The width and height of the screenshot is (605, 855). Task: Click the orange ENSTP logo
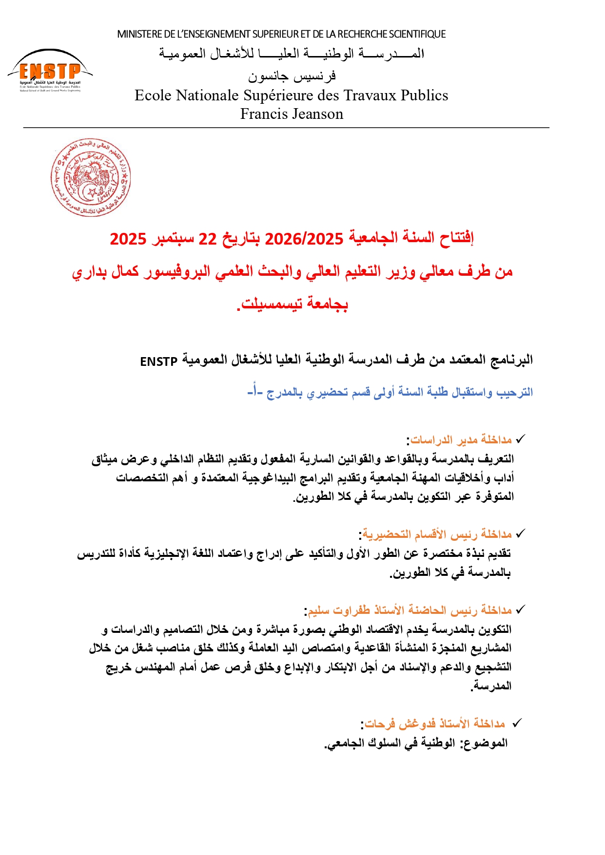point(50,71)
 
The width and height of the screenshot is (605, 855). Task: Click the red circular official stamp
point(91,177)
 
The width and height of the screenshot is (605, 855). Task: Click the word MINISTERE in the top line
point(139,34)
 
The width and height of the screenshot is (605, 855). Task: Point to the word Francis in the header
point(263,114)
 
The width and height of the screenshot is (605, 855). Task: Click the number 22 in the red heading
point(207,239)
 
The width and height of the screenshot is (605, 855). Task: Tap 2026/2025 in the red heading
point(304,239)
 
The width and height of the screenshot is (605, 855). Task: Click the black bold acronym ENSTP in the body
point(158,361)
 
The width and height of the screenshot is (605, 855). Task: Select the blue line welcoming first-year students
point(390,392)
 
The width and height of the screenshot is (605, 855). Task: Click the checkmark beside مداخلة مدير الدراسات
point(520,439)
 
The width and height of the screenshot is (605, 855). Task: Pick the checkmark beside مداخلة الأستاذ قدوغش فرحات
point(517,723)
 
